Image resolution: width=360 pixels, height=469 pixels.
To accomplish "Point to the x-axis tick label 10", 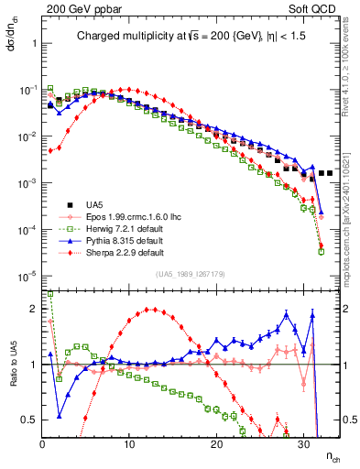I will pos(129,444).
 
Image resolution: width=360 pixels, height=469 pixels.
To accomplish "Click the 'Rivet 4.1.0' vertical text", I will pos(352,82).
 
